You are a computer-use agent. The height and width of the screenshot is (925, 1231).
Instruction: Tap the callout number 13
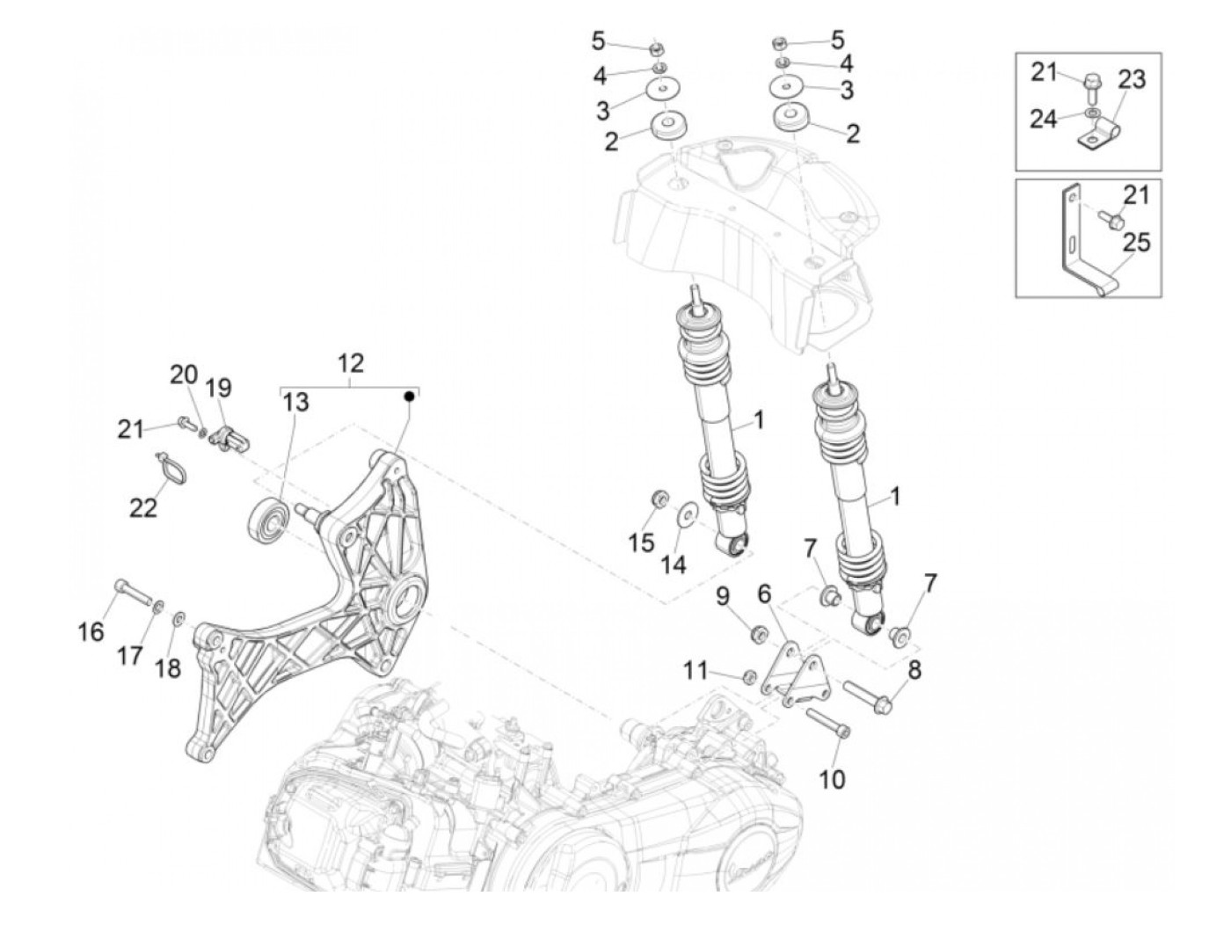click(296, 403)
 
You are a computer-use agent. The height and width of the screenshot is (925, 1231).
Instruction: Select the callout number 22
click(143, 507)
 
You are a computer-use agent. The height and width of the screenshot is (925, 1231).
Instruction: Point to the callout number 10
click(832, 778)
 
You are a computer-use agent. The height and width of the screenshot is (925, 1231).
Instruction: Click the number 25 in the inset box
click(1136, 242)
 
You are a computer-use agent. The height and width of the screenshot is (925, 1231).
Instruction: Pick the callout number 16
click(91, 630)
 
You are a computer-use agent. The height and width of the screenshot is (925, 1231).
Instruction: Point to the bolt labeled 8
click(869, 696)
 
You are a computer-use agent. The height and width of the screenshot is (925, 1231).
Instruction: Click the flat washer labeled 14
click(688, 511)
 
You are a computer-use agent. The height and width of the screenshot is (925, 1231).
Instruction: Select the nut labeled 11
click(750, 676)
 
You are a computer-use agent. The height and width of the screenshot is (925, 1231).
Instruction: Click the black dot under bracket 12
click(409, 397)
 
